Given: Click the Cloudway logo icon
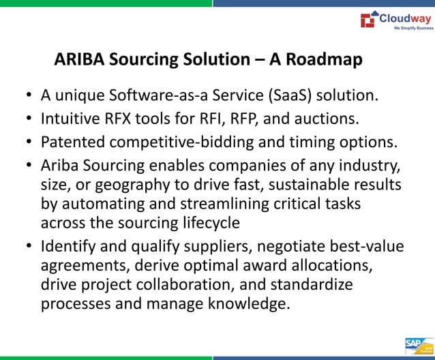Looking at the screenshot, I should coord(367,19).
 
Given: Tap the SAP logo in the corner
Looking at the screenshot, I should coord(414,344).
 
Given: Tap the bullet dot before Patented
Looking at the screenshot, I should coord(29,142).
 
